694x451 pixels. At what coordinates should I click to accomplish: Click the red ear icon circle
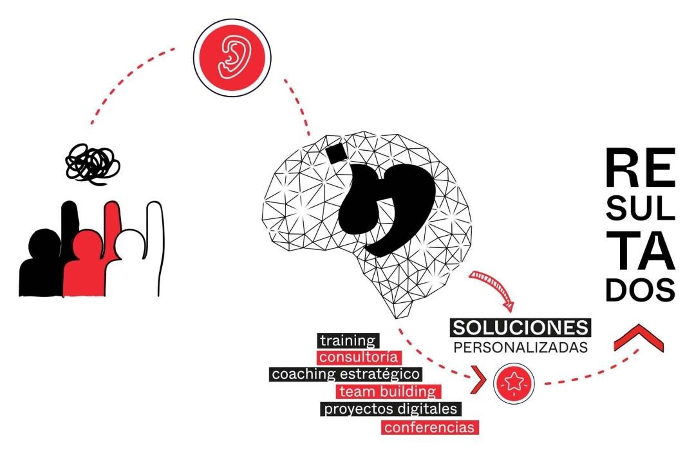click(232, 57)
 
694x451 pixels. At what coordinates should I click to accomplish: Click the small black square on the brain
click(336, 153)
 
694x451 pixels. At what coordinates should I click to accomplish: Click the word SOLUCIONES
click(520, 328)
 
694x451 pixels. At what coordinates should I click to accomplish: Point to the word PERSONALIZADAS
click(520, 347)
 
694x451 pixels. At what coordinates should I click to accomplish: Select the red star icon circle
click(514, 383)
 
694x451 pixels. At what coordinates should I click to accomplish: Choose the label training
click(348, 341)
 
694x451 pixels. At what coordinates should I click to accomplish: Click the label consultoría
click(359, 357)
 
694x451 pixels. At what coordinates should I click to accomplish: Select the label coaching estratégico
click(346, 374)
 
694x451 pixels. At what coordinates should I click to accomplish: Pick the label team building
click(388, 391)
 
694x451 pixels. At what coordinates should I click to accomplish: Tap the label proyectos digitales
click(391, 408)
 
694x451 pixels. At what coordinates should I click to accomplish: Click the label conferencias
click(430, 427)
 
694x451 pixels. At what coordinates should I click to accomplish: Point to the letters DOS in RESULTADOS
click(640, 290)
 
